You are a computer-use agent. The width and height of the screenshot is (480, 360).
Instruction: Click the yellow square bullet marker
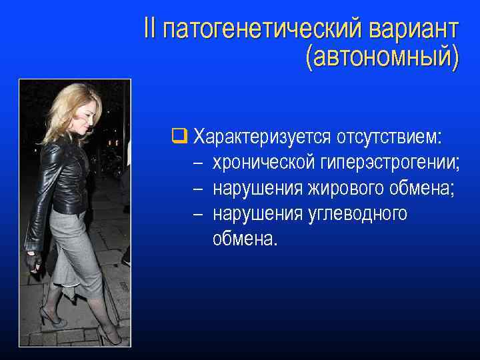coord(177,137)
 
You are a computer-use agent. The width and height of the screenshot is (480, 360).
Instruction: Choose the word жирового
coord(345,189)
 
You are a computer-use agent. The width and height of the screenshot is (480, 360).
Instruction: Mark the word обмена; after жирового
coord(423,189)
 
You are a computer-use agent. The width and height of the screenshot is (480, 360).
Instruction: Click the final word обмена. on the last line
coord(244,239)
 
